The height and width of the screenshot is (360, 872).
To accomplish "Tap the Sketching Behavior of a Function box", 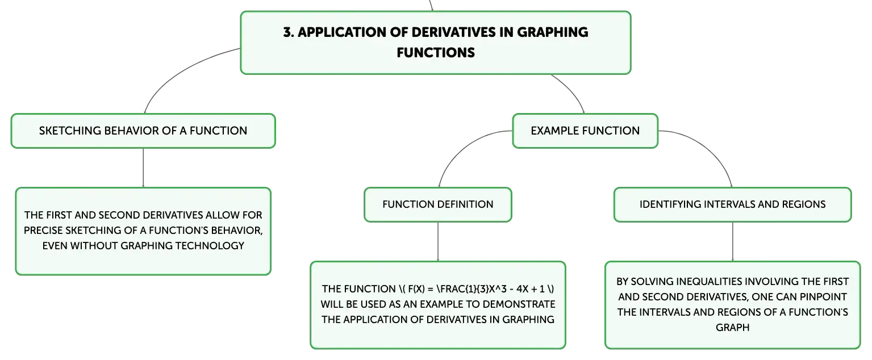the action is coord(143,131).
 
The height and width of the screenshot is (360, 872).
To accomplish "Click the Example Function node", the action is coord(585,131).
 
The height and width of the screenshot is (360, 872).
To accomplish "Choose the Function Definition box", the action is coord(438,205).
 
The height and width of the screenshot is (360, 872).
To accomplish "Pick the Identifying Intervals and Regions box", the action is coord(733,205).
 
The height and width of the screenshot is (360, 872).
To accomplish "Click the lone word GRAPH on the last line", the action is coord(733,328).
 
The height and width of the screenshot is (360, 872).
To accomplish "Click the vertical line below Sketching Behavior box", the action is coord(143,168).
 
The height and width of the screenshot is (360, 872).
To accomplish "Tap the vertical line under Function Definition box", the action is coord(438,242).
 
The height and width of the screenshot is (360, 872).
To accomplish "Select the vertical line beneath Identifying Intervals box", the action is coord(733,242).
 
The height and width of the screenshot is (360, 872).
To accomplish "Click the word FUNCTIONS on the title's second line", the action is coord(436,53).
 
